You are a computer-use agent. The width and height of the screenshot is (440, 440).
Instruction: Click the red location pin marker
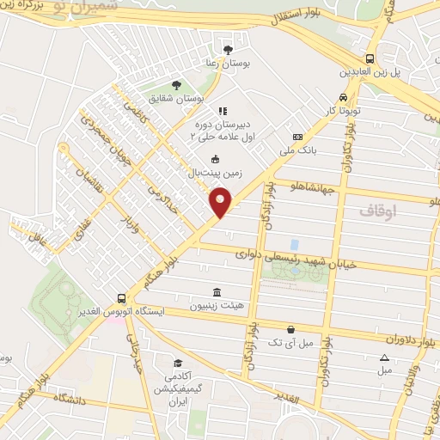221,202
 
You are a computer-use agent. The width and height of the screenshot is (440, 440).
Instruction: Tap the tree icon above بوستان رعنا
228,48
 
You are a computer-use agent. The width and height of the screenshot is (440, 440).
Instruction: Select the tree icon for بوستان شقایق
176,85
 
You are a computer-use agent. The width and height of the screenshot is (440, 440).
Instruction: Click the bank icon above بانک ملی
297,137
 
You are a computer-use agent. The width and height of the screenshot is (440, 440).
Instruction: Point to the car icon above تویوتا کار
344,97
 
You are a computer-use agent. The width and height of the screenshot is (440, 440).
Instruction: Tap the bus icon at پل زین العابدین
370,58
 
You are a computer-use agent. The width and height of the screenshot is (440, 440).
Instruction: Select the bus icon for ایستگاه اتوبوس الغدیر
122,297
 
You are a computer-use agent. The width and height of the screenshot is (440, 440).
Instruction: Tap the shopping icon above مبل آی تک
291,329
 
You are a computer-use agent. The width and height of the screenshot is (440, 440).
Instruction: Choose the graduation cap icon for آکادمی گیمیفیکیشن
178,364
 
